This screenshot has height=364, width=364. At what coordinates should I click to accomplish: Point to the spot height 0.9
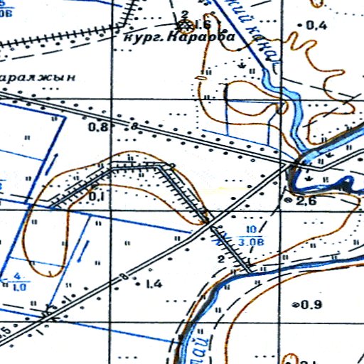point(312,305)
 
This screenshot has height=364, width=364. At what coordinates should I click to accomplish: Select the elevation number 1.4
point(153,284)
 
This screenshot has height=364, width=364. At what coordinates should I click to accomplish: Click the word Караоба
point(189,40)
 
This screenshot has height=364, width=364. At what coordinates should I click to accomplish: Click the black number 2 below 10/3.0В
point(221,259)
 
